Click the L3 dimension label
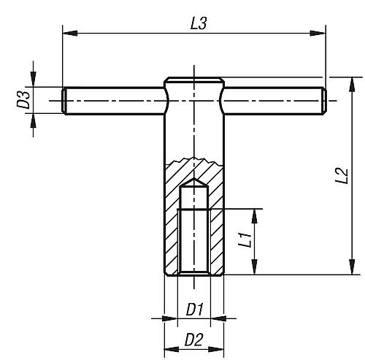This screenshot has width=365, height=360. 197,23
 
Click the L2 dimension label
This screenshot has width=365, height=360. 339,175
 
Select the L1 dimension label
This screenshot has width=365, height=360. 247,240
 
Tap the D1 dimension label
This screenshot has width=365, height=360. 194,309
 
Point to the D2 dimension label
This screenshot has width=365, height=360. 194,340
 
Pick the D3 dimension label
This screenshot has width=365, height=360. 24,99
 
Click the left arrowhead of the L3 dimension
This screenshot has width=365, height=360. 68,31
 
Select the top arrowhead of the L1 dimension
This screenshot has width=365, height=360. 255,213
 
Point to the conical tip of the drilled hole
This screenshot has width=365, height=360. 194,180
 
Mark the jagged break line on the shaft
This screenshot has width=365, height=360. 194,160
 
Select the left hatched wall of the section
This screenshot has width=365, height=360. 172,219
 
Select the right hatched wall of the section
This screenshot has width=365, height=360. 218,219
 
